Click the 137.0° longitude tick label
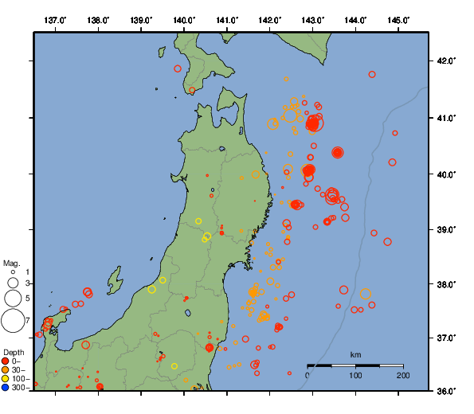pos(55,19)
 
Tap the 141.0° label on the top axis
pos(227,19)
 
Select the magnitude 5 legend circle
pos(13,298)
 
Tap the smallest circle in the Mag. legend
pos(13,272)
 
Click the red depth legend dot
pos(6,361)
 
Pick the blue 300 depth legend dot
pos(6,388)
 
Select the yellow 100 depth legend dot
pos(6,379)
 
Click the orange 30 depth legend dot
pos(6,370)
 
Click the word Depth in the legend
pos(14,352)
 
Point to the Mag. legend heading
pos(11,263)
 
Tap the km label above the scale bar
pos(355,354)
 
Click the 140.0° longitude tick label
pos(184,19)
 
